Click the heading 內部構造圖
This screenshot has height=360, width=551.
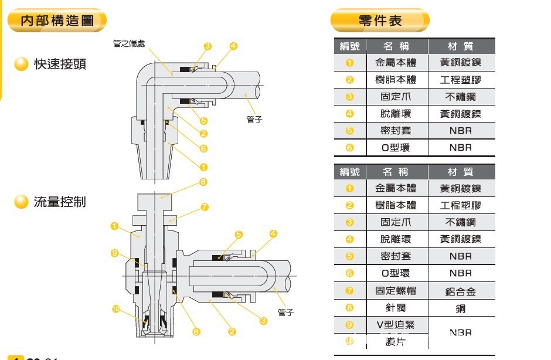(x=57, y=21)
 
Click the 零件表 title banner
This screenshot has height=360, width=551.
(x=380, y=21)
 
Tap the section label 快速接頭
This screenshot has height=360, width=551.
(x=60, y=64)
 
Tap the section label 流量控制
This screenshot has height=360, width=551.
(x=60, y=202)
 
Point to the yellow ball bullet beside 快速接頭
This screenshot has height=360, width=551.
(x=21, y=64)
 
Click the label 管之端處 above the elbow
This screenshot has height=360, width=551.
(x=129, y=43)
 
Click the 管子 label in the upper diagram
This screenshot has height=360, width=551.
(x=254, y=120)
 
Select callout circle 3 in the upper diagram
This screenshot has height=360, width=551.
(x=208, y=46)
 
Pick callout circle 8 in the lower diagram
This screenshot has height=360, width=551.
(x=203, y=182)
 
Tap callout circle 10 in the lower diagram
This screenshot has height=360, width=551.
(x=116, y=308)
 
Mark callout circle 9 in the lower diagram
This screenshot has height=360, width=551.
(x=114, y=253)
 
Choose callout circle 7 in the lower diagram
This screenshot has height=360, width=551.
(x=205, y=207)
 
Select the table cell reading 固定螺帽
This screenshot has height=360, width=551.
(x=396, y=290)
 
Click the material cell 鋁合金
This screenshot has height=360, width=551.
(x=461, y=291)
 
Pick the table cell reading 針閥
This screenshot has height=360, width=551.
(x=396, y=307)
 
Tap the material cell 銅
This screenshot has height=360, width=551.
(x=461, y=308)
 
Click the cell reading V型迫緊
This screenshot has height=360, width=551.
(x=396, y=324)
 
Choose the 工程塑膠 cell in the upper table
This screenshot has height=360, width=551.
(x=461, y=80)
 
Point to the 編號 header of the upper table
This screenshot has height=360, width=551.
(x=349, y=46)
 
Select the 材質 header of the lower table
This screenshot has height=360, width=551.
(x=461, y=172)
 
